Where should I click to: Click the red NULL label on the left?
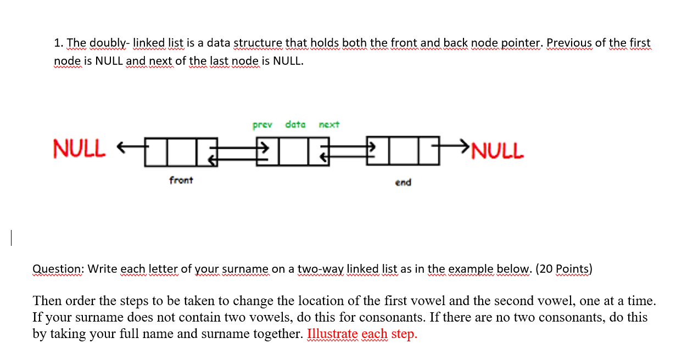(78, 148)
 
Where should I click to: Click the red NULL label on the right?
(498, 149)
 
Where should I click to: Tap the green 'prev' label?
(262, 125)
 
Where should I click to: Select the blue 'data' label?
(295, 124)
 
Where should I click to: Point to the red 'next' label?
(329, 125)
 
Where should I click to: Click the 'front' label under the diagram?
(181, 180)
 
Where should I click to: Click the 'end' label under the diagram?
(403, 182)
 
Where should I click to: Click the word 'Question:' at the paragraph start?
(57, 269)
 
